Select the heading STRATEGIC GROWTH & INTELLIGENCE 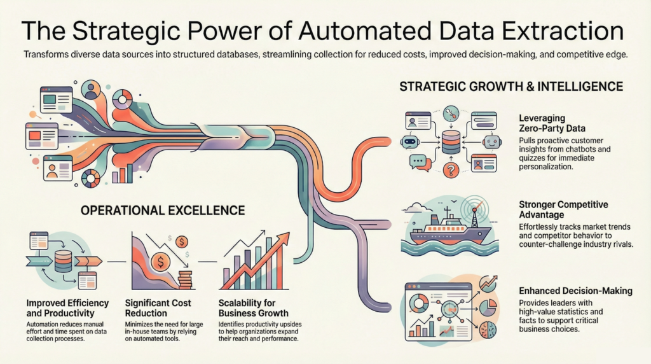[x=511, y=87]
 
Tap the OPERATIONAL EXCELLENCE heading [x=163, y=210]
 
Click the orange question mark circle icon [x=451, y=169]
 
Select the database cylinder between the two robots [x=451, y=142]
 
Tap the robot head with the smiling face [x=492, y=142]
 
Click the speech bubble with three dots [x=418, y=161]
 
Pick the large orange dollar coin [x=160, y=262]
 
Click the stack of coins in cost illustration [x=185, y=279]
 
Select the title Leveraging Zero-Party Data [x=552, y=123]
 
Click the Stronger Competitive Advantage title [x=563, y=209]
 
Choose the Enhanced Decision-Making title [x=575, y=291]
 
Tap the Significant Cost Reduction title [x=158, y=308]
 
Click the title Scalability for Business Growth [x=253, y=308]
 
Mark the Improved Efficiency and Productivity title [x=67, y=308]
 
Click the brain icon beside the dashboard [x=488, y=330]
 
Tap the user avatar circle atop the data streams [x=92, y=90]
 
